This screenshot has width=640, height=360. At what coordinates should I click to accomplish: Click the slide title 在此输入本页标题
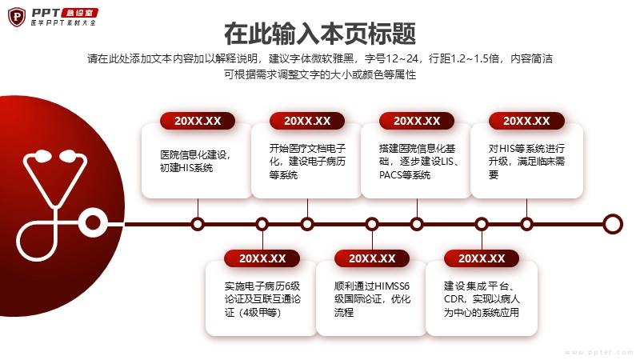point(320,34)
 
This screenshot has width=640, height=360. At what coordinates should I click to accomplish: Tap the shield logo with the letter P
point(17,17)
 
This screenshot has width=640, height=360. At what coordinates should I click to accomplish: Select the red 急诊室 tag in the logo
point(78,13)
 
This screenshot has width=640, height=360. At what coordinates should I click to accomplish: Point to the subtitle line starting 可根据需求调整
point(320,74)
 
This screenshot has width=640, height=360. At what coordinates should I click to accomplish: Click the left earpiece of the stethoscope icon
point(42,155)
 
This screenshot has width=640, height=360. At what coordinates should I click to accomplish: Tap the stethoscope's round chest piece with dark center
point(93,222)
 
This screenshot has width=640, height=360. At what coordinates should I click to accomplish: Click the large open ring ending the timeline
point(612,224)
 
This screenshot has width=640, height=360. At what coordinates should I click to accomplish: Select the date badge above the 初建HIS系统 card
point(198,121)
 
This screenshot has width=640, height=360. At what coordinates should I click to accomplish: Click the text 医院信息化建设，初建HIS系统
point(195,162)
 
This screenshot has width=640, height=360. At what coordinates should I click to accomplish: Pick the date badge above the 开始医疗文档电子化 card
point(307,121)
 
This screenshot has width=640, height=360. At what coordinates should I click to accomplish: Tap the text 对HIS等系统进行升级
point(526,154)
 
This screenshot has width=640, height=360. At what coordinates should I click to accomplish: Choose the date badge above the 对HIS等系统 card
point(526,121)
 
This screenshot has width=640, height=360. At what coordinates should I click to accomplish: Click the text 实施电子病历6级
point(262,286)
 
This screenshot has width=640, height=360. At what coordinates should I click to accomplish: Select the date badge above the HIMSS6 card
point(372,258)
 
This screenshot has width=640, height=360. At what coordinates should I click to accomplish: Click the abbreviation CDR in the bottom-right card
point(454,299)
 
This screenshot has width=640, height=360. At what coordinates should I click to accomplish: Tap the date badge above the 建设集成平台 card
point(482,258)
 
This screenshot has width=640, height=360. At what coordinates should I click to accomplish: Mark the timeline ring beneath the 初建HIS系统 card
point(198,224)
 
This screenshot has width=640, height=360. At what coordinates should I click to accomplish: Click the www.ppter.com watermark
point(599,352)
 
